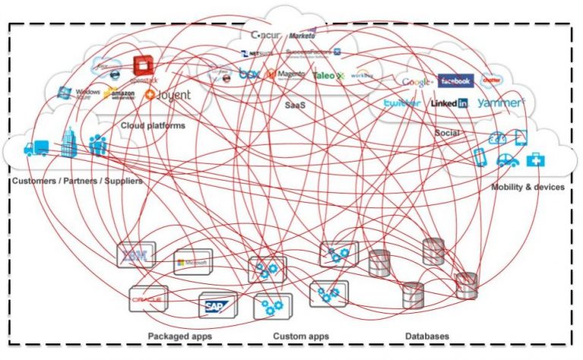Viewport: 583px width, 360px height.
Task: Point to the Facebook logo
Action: tap(455, 81)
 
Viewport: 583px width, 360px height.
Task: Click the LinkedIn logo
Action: tap(449, 103)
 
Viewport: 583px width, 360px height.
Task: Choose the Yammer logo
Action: tap(501, 103)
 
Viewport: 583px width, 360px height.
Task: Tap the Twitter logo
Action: tap(402, 103)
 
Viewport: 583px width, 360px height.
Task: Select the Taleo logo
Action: tap(329, 76)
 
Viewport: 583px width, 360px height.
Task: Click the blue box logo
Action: tap(249, 74)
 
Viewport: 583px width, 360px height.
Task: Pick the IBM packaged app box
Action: tap(136, 255)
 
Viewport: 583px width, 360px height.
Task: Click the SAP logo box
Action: tap(217, 305)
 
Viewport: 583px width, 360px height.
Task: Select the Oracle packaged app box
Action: tap(149, 299)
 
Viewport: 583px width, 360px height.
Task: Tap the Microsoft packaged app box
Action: tap(194, 263)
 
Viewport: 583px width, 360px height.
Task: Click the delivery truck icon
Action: tap(36, 148)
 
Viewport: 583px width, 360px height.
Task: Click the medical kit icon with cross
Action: tap(537, 159)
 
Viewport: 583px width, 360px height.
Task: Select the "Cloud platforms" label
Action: tap(153, 125)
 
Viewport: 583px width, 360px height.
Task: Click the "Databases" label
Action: tap(426, 336)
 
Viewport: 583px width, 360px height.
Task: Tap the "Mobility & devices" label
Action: tap(527, 187)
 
